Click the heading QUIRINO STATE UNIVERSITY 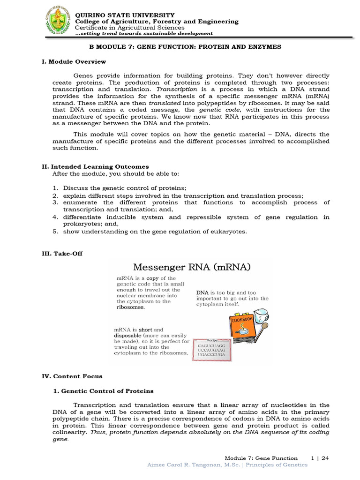click(x=125, y=15)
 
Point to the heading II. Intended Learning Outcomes click(x=96, y=166)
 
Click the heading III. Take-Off click(x=62, y=254)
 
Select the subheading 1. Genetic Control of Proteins click(x=102, y=391)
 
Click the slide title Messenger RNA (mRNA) click(x=192, y=267)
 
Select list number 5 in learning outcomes click(x=55, y=232)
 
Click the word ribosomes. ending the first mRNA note click(x=131, y=307)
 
